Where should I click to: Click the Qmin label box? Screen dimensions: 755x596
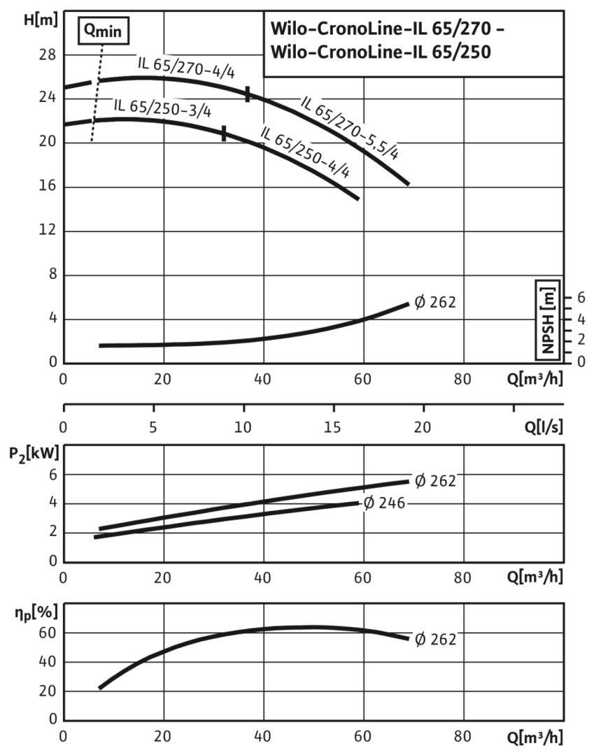click(103, 31)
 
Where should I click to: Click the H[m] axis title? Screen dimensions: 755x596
click(39, 19)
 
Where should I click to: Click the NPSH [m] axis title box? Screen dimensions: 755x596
click(548, 319)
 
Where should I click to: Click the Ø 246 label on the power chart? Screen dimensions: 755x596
click(384, 503)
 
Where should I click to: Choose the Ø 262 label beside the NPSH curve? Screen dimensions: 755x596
click(434, 303)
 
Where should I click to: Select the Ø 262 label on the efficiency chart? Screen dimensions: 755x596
click(434, 638)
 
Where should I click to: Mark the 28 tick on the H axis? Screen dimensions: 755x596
click(47, 55)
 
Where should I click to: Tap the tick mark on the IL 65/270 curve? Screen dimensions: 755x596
click(248, 94)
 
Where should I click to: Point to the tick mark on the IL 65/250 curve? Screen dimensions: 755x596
click(224, 134)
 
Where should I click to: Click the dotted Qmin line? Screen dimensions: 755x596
click(98, 91)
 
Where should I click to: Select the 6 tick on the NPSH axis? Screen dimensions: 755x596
click(580, 298)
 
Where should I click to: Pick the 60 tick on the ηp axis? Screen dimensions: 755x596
click(47, 633)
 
